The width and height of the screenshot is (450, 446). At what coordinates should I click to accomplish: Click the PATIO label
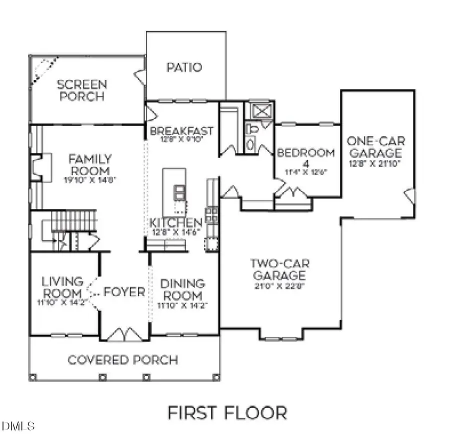click(184, 67)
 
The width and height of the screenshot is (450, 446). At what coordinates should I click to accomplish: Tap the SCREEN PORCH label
click(81, 90)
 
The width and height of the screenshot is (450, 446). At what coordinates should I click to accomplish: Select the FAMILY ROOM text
click(90, 165)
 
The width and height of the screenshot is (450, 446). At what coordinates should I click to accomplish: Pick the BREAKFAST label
click(181, 131)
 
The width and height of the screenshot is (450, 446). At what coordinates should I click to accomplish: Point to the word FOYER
click(124, 292)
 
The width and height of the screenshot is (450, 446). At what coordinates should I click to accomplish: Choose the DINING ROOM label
click(182, 289)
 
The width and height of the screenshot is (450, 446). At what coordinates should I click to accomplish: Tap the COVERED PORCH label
click(122, 359)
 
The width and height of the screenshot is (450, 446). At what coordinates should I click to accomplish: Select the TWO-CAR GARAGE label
click(278, 269)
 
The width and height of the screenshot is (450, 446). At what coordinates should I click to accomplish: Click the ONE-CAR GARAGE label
click(374, 146)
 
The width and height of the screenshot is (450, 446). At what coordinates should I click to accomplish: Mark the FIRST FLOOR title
click(227, 413)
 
